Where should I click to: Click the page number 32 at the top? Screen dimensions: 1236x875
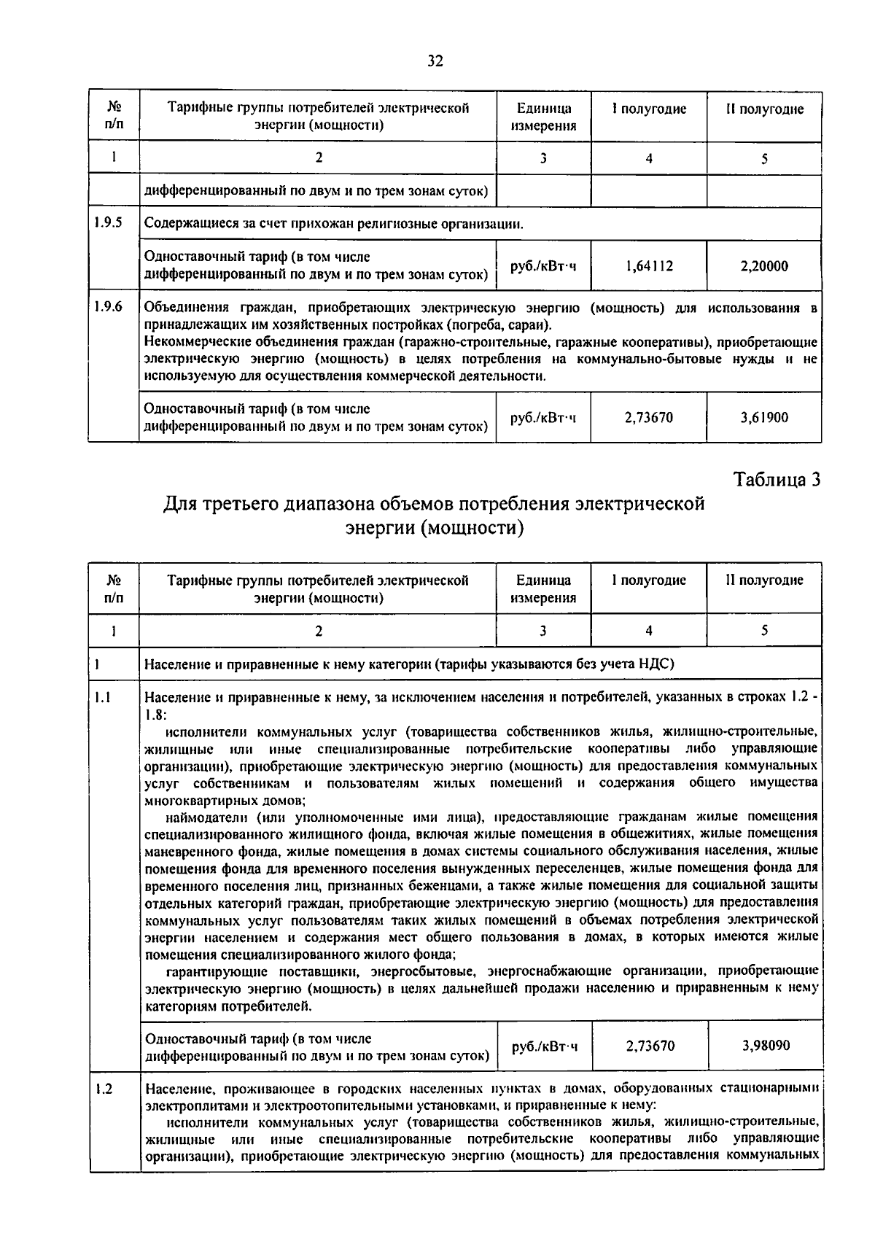coord(435,61)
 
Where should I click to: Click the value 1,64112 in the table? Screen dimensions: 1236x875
coord(649,266)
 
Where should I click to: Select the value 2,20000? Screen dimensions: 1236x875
coord(764,266)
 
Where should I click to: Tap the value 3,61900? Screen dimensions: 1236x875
coord(764,418)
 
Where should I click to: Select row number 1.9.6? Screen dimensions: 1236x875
coord(108,307)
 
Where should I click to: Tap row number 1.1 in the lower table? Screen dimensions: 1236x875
coord(102,697)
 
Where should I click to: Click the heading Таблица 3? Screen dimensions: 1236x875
coord(777,480)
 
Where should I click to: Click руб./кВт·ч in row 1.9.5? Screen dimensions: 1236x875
coord(544,266)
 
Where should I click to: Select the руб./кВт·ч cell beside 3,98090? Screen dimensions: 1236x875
coord(545,1046)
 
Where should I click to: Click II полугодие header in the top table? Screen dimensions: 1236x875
coord(764,109)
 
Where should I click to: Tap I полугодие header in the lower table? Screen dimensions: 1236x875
coord(649,580)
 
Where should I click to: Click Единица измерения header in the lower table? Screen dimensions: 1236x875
coord(543,588)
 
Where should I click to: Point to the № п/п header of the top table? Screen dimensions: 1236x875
coord(114,117)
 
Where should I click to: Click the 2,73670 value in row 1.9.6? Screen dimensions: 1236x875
coord(649,418)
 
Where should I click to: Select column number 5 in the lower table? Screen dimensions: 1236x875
coord(764,631)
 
